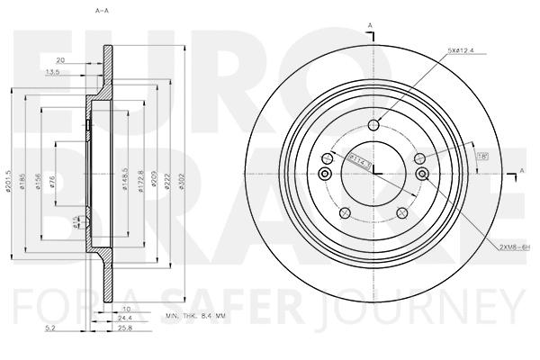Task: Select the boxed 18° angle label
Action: [456, 155]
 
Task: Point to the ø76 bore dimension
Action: [53, 180]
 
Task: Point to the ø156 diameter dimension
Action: [39, 180]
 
